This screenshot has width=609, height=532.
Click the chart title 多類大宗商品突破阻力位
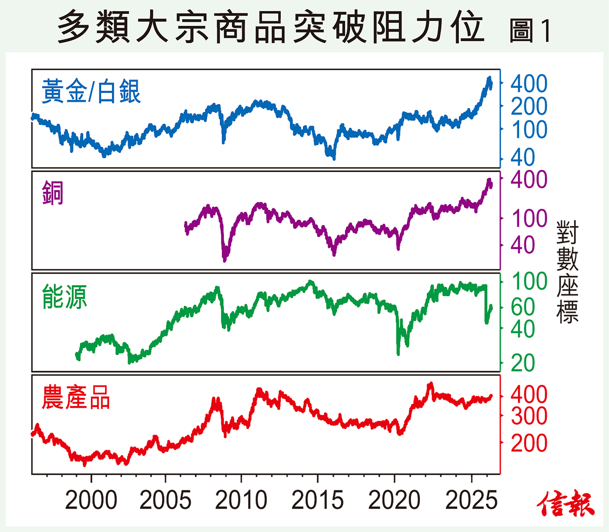270,28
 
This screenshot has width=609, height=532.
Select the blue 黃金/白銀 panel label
91,92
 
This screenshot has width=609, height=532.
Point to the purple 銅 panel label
53,194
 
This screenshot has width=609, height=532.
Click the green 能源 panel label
64,297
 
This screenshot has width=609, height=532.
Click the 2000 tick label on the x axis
91,501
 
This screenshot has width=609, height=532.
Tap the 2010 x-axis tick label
241,501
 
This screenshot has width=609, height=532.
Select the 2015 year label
318,501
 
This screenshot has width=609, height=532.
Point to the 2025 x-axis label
471,501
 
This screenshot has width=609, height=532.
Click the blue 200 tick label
529,107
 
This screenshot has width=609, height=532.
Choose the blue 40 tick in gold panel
523,158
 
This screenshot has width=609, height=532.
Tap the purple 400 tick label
529,180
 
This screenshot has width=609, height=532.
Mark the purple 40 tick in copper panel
523,245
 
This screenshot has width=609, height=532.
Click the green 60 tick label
523,307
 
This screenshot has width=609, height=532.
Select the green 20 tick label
523,363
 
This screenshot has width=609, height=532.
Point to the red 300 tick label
529,416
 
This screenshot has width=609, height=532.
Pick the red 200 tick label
529,443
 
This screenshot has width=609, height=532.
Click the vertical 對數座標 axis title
567,272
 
